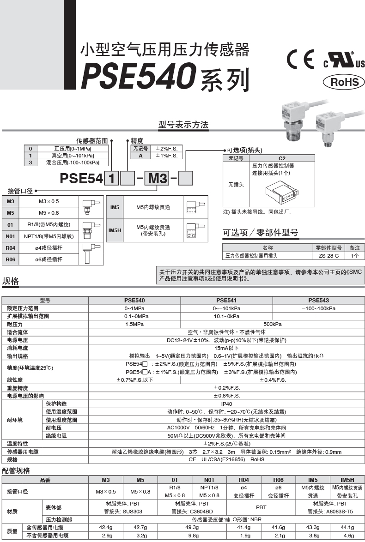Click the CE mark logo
(x=300, y=60)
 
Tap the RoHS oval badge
(x=344, y=82)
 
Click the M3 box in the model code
(x=157, y=178)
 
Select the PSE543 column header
(x=318, y=300)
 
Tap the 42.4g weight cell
(x=106, y=527)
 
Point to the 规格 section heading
(x=11, y=281)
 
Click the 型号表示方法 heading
(x=183, y=125)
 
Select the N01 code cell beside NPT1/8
(x=11, y=236)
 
